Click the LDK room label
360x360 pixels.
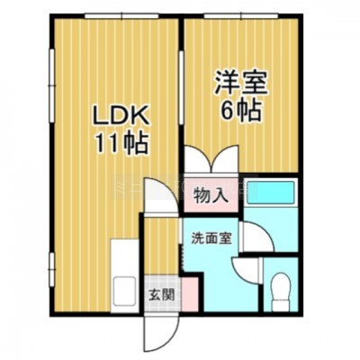[x=121, y=115]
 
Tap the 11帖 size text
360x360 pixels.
[x=121, y=143]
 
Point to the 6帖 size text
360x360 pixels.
[x=240, y=110]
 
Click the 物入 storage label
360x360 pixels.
[x=210, y=196]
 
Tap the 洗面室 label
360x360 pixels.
[x=211, y=238]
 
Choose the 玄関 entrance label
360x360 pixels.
[x=162, y=295]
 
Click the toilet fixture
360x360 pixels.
[x=281, y=291]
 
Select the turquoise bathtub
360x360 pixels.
[x=270, y=192]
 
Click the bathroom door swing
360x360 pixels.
[x=258, y=237]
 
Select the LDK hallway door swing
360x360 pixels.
[x=161, y=195]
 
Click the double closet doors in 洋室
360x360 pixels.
[x=211, y=159]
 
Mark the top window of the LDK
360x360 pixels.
[x=121, y=15]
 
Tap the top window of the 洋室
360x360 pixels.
[x=241, y=15]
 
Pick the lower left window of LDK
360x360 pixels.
[x=51, y=270]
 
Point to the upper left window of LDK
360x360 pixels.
[x=51, y=85]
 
